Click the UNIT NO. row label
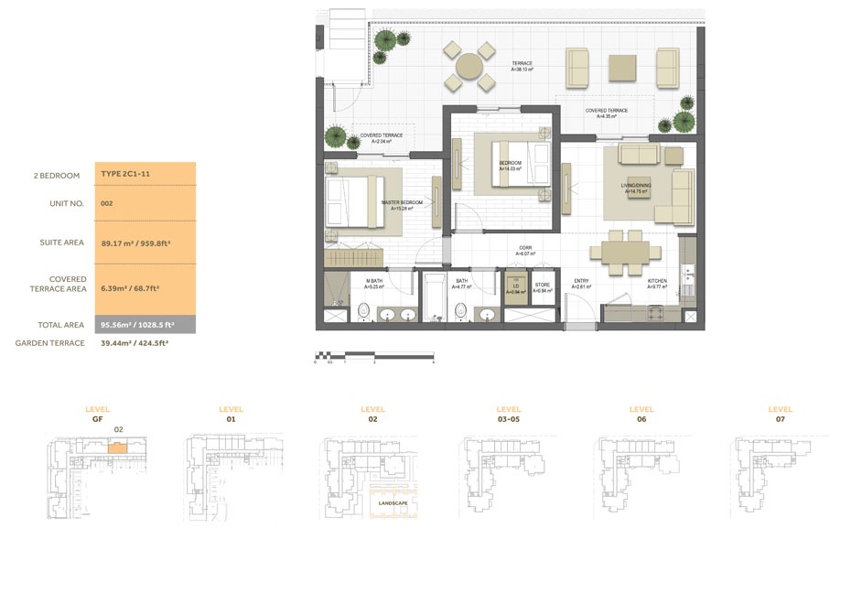tap(67, 204)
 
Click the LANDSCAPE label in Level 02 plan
tap(392, 502)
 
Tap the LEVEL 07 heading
tap(780, 414)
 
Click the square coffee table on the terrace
tap(622, 67)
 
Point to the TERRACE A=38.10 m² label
tap(523, 66)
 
